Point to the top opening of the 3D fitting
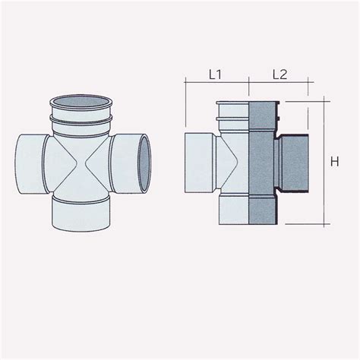click(x=83, y=103)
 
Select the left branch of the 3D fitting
click(x=30, y=163)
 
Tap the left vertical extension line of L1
click(x=186, y=106)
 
